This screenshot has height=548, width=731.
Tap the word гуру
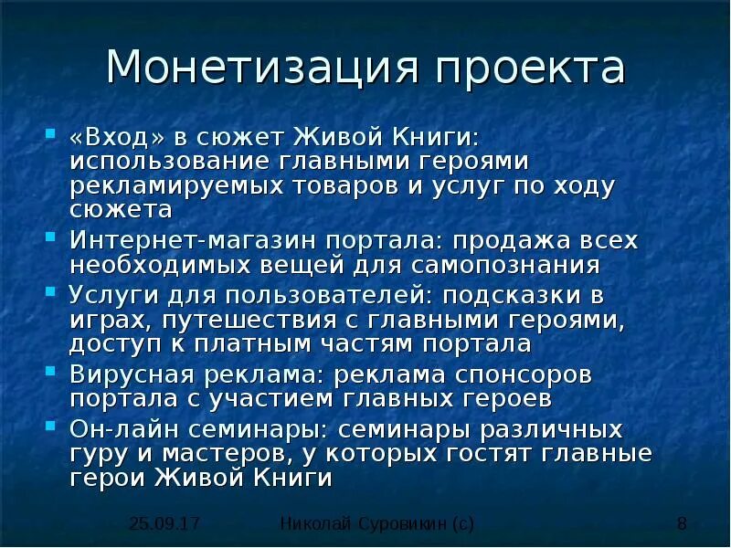[x=95, y=455]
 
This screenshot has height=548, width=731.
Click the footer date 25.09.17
[x=164, y=523]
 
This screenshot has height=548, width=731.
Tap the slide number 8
[x=682, y=523]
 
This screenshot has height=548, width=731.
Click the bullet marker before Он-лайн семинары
[x=51, y=427]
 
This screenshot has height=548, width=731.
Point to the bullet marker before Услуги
[x=51, y=294]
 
